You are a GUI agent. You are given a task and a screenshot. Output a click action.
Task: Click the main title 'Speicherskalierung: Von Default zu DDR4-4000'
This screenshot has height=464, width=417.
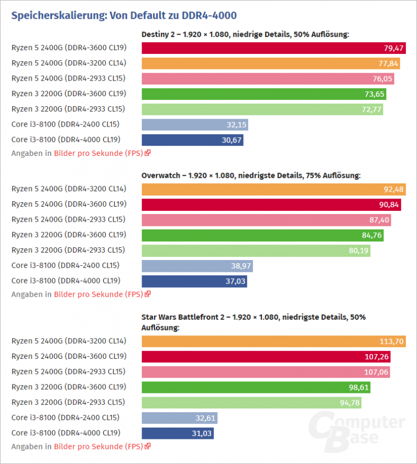pos(123,15)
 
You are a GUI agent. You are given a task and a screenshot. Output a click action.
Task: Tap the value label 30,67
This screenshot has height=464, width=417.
pos(231,140)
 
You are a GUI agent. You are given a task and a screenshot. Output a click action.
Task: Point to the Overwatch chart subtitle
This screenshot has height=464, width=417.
pos(251,175)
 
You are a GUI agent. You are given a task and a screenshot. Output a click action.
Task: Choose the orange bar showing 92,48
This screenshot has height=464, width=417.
pos(273,189)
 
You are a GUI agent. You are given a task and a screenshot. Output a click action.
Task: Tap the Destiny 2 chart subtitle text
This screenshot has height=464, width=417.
pos(245,35)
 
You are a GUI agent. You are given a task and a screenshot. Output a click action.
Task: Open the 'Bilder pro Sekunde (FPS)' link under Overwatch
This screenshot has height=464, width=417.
pos(98,294)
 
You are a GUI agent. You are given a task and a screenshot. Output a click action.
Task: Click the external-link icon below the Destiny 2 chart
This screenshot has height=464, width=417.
pos(148,153)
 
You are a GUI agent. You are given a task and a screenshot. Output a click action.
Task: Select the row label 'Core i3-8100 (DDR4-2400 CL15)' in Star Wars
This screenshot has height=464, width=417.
pos(65,418)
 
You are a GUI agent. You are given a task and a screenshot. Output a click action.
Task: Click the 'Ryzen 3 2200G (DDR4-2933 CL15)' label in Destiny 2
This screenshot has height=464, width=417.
pos(68,109)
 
